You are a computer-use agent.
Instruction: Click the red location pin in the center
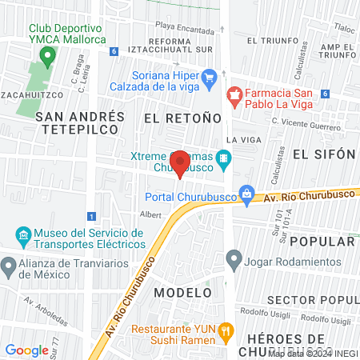181,162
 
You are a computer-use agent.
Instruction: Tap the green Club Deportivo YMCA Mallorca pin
47,56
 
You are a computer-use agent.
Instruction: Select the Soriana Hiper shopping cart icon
210,78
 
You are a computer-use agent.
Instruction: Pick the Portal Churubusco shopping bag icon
247,193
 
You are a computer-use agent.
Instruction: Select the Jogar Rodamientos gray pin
234,258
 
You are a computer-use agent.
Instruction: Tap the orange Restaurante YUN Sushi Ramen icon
226,330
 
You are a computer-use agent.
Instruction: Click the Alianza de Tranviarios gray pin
9,264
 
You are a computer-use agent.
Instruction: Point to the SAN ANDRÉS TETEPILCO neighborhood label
81,122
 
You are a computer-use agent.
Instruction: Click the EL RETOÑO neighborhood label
182,118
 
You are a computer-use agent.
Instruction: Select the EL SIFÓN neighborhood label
323,154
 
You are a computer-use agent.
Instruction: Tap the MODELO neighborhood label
181,292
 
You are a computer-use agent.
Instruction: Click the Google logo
26,350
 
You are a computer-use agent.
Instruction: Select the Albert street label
150,214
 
